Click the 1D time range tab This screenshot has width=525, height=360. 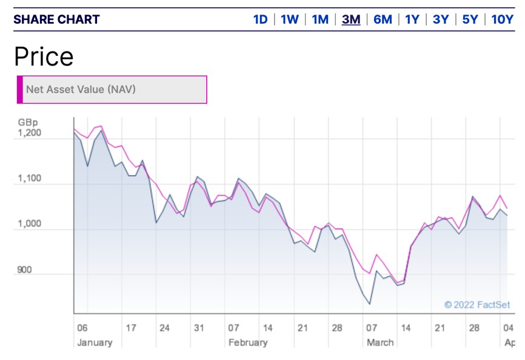click(x=260, y=19)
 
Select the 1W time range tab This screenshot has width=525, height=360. click(x=290, y=19)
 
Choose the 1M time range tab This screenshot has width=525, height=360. click(x=320, y=19)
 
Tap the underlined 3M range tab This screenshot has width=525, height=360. click(x=351, y=19)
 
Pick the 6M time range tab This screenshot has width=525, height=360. click(x=383, y=19)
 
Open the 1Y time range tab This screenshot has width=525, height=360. click(x=412, y=19)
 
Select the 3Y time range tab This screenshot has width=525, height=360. click(x=441, y=19)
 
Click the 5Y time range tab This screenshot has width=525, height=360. click(x=470, y=19)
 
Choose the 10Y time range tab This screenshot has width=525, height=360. click(x=502, y=19)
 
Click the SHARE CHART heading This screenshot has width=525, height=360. click(x=56, y=19)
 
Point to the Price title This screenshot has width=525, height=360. click(x=44, y=56)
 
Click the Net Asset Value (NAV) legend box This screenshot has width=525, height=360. click(x=112, y=90)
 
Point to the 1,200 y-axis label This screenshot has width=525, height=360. click(x=29, y=133)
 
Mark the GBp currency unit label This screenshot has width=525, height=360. click(x=27, y=122)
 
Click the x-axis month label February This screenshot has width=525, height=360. click(x=247, y=342)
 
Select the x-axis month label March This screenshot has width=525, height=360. click(x=380, y=342)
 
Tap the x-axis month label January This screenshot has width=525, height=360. click(x=95, y=342)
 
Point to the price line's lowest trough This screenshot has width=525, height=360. click(x=370, y=304)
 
